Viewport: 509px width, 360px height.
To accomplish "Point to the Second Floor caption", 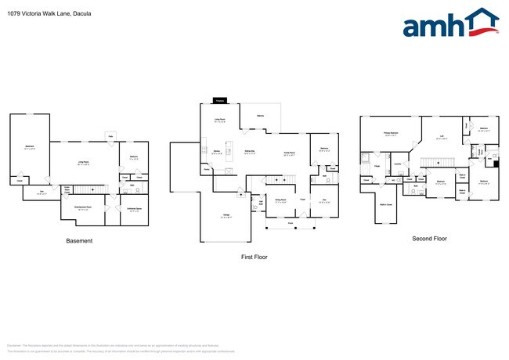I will (429, 238).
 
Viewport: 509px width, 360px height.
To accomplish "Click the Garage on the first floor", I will (225, 216).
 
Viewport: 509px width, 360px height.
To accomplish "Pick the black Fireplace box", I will (220, 101).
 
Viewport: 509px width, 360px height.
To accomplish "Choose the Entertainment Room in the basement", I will (83, 208).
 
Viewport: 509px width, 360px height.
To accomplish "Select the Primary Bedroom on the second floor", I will (388, 135).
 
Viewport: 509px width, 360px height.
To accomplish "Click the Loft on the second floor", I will (442, 137).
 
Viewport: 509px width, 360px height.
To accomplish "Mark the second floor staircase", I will (434, 161).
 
